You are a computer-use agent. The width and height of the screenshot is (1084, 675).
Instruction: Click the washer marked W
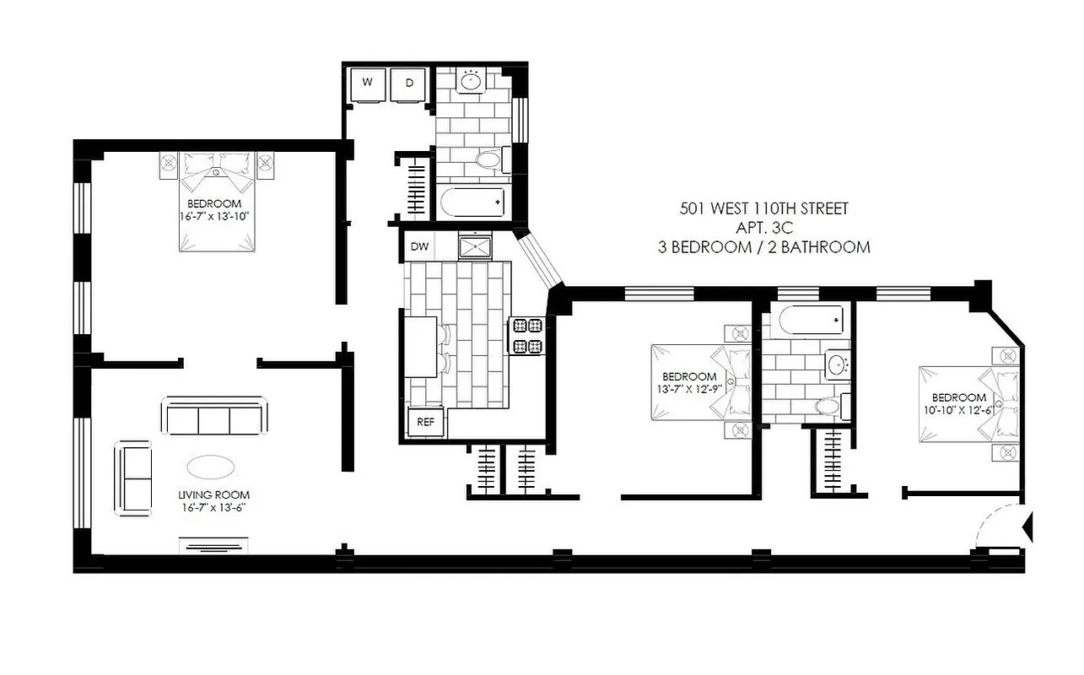[x=369, y=84]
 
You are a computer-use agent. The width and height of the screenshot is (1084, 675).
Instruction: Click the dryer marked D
[x=410, y=84]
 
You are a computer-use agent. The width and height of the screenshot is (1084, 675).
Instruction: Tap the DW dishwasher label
[x=419, y=247]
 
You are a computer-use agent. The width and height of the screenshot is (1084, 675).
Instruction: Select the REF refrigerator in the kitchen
[x=426, y=423]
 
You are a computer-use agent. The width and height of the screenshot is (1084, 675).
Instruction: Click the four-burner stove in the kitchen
[x=526, y=335]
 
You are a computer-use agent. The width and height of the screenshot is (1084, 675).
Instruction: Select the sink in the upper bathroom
[x=472, y=82]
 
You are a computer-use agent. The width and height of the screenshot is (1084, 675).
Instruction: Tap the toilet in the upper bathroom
[x=488, y=159]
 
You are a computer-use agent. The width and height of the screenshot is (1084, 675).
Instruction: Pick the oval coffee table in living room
[x=212, y=467]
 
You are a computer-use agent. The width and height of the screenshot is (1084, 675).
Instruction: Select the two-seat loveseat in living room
[x=132, y=478]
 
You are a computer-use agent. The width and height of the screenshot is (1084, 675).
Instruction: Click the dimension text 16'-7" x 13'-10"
[x=214, y=217]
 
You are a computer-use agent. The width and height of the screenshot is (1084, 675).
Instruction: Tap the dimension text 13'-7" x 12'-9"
[x=689, y=389]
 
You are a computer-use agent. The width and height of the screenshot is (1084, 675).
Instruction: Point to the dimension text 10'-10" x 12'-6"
[x=958, y=410]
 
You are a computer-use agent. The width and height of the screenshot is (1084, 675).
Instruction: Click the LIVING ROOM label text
[x=213, y=495]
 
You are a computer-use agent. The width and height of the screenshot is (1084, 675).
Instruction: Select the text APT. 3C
[x=763, y=228]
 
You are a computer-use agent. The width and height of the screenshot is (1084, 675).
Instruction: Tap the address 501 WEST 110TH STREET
[x=763, y=208]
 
